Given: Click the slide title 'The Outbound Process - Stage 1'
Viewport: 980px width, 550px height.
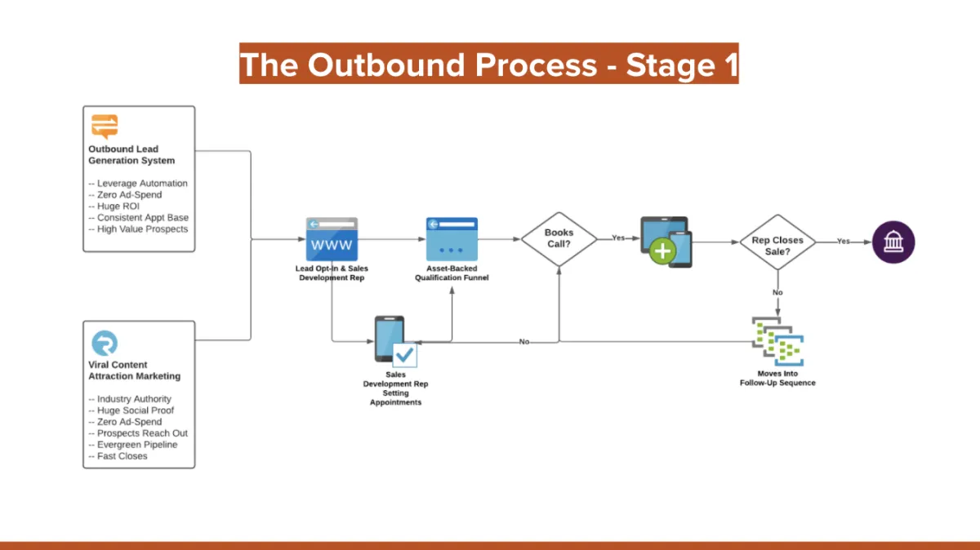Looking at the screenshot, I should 488,64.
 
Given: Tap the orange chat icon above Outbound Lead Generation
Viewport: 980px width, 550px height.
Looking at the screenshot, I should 105,126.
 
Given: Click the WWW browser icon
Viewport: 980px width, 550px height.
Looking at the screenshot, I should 332,239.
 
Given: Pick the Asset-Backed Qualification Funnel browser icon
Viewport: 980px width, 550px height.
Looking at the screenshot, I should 452,239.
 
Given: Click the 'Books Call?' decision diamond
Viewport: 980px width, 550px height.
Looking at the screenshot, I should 559,238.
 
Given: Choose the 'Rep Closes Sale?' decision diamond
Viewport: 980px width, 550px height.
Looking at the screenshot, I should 777,242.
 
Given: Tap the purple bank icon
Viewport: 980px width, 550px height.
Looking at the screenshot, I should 893,242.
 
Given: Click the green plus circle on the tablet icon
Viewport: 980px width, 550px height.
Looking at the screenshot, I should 661,251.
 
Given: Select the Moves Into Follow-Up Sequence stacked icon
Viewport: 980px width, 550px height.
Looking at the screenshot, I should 777,342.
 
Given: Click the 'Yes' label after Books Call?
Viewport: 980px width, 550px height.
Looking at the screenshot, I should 619,238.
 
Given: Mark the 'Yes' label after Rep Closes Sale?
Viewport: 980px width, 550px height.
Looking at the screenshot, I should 844,242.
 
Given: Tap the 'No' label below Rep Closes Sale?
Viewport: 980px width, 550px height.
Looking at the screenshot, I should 777,291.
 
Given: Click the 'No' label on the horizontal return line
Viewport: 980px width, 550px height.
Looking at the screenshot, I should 524,341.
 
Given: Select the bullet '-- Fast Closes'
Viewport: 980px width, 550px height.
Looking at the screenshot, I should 118,456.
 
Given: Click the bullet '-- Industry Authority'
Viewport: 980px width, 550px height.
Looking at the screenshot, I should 129,399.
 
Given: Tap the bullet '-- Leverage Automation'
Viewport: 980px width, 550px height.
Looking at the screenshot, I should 137,184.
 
